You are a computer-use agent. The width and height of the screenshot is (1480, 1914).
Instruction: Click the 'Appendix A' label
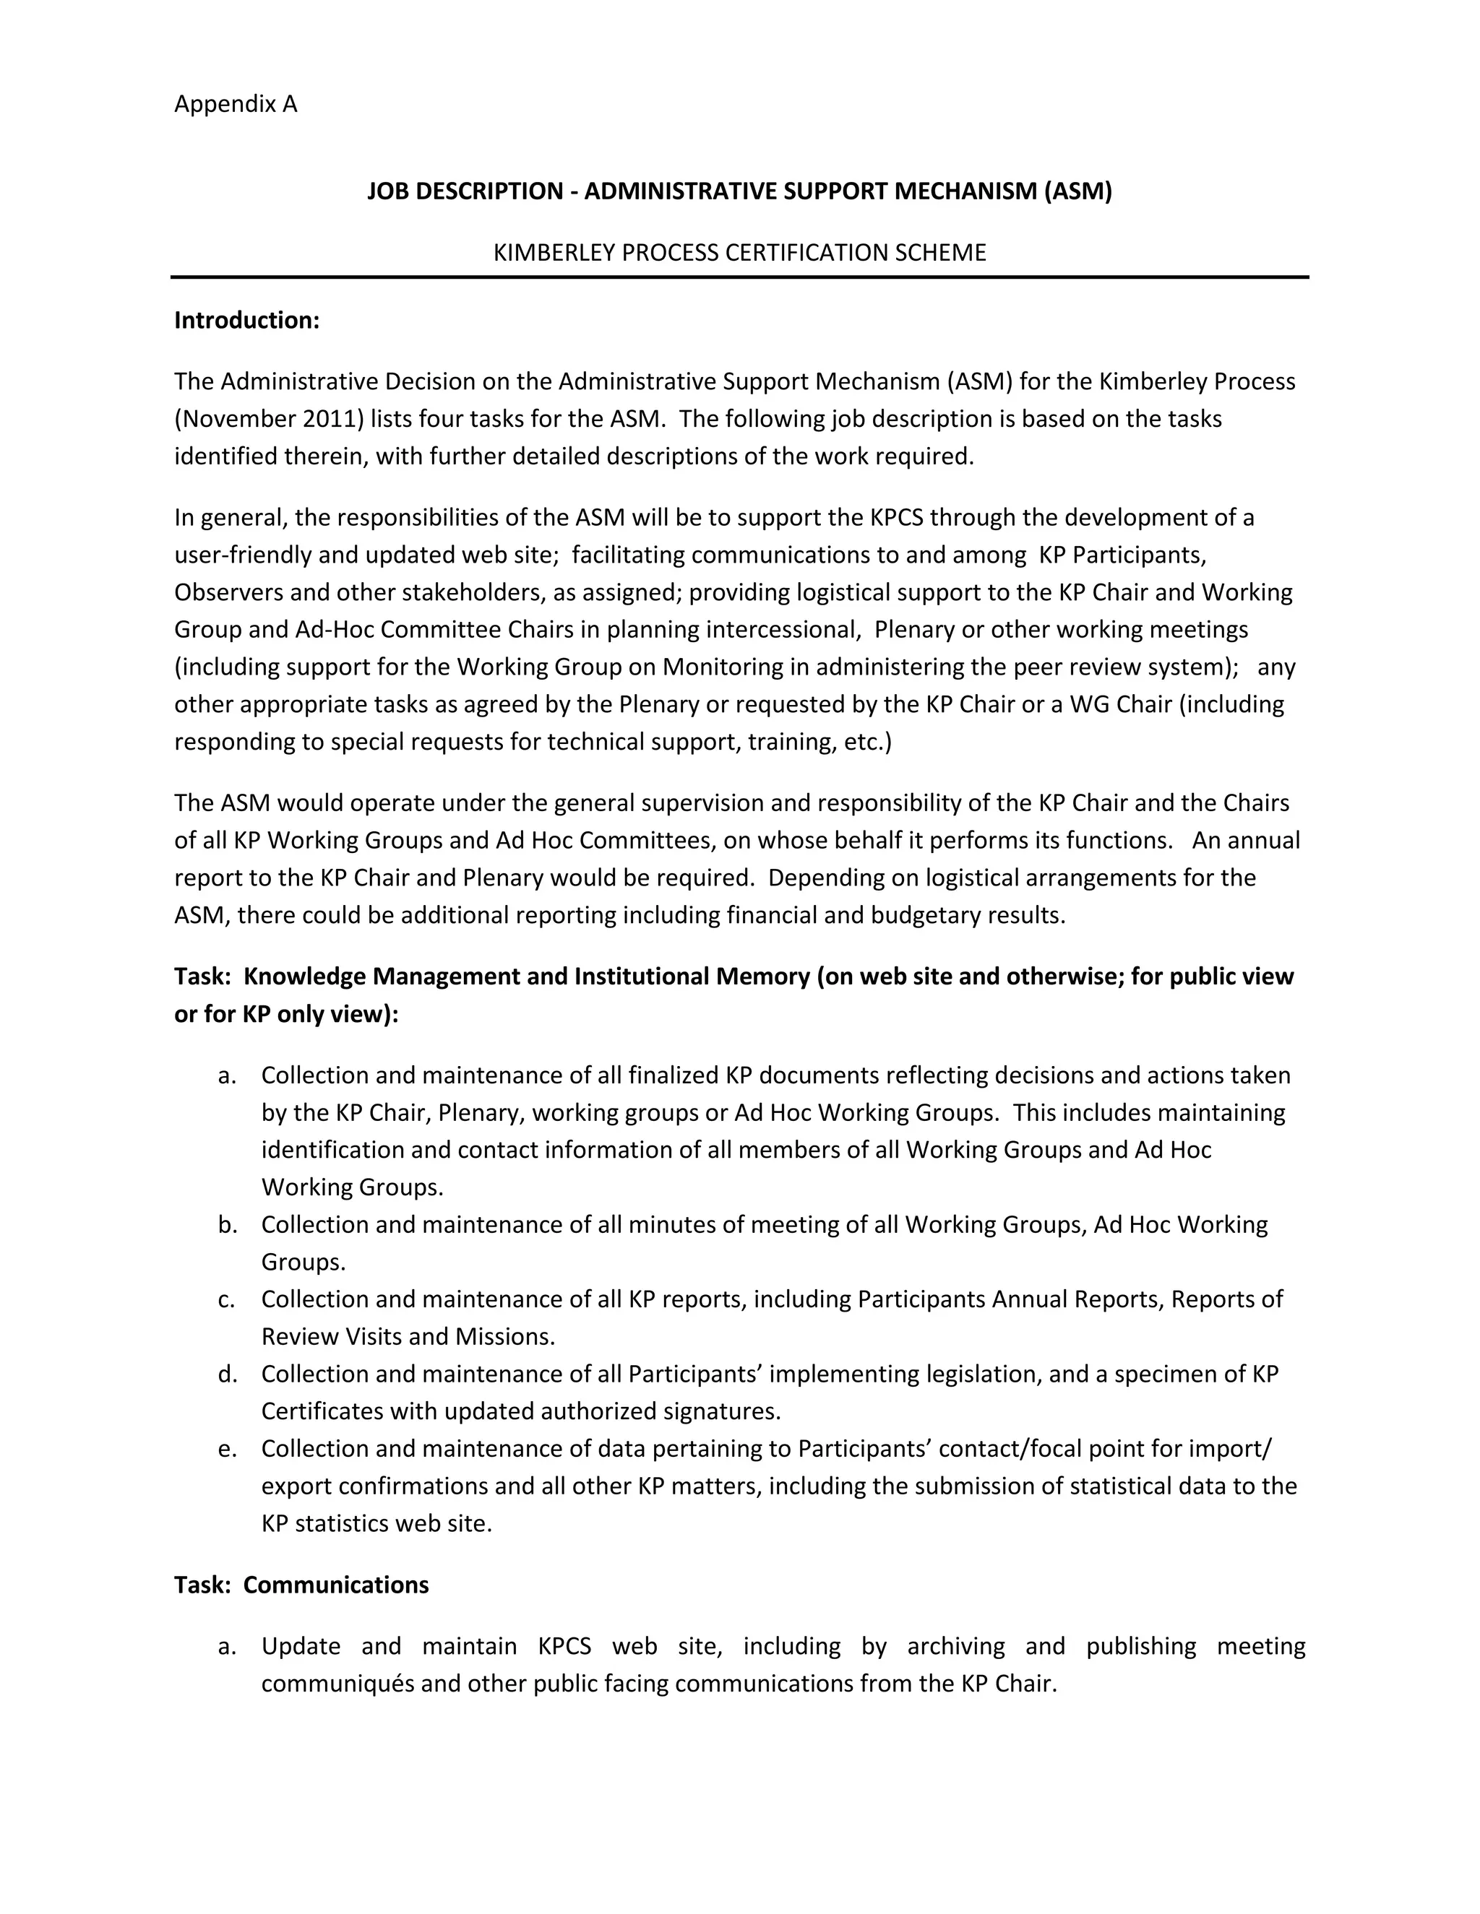pyautogui.click(x=235, y=104)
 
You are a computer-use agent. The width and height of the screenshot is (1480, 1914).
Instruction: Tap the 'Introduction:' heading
pyautogui.click(x=246, y=320)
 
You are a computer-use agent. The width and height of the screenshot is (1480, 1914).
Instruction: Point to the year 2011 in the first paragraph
pyautogui.click(x=329, y=419)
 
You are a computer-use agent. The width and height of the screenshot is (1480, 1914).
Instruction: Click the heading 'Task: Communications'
pyautogui.click(x=301, y=1585)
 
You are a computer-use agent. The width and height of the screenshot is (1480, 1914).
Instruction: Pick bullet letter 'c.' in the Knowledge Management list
pyautogui.click(x=227, y=1299)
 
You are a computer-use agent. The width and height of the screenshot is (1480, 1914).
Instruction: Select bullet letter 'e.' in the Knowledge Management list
pyautogui.click(x=227, y=1449)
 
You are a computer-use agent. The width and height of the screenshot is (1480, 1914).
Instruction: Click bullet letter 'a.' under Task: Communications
pyautogui.click(x=227, y=1646)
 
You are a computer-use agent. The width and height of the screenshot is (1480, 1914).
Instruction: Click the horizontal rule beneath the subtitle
pyautogui.click(x=739, y=277)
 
